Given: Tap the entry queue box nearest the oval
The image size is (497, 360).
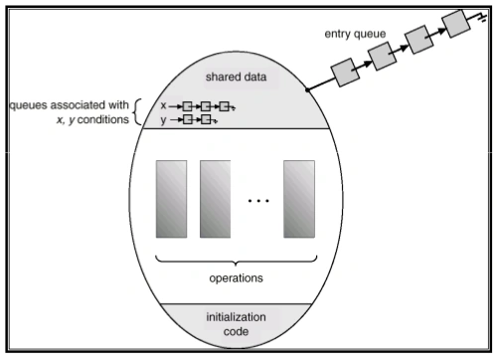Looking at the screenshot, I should pyautogui.click(x=345, y=72).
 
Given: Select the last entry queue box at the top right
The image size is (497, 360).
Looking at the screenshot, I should pyautogui.click(x=456, y=21).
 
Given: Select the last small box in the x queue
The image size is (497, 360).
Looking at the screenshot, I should pyautogui.click(x=225, y=105).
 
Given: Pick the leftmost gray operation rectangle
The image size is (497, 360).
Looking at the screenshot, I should pyautogui.click(x=169, y=198).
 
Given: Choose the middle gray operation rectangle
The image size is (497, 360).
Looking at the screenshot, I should pyautogui.click(x=215, y=198).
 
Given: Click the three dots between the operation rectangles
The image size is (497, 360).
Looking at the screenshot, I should pyautogui.click(x=256, y=201).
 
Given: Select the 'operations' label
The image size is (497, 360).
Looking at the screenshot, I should pyautogui.click(x=234, y=279).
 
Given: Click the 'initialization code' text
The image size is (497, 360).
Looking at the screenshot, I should pyautogui.click(x=234, y=325).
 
